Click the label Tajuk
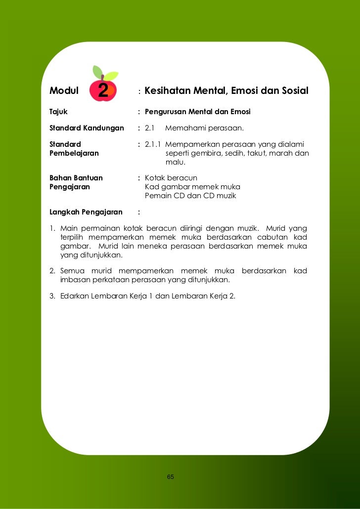point(58,112)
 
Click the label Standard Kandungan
point(86,128)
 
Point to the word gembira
point(209,153)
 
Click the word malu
point(175,162)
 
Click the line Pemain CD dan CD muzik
point(190,196)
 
